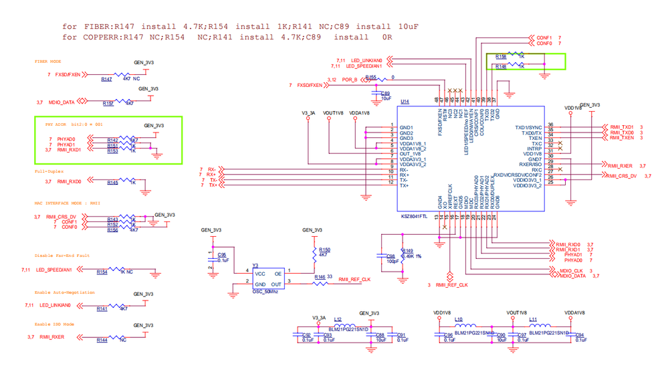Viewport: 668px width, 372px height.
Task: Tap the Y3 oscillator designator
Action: tap(255, 264)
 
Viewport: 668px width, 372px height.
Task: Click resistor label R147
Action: tap(106, 80)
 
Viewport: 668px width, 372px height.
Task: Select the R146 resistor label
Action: tap(320, 276)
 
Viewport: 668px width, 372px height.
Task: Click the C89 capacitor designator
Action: tap(384, 93)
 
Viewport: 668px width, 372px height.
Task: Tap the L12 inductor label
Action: tap(338, 319)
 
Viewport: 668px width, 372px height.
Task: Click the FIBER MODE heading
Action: tap(48, 61)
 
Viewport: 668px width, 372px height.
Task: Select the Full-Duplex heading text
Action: tap(49, 172)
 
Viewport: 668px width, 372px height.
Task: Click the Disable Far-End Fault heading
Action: tap(62, 256)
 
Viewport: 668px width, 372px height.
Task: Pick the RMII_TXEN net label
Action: tap(621, 138)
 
